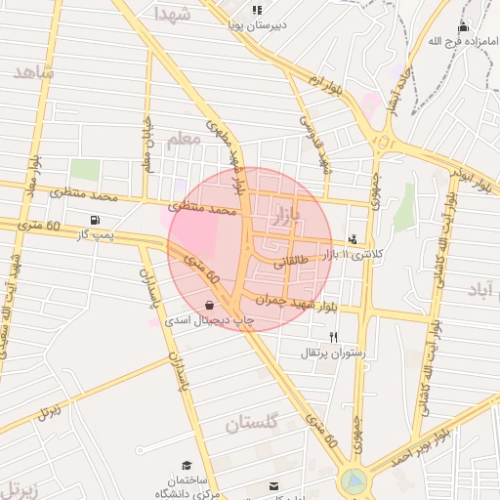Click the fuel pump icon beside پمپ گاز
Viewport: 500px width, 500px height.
pyautogui.click(x=95, y=219)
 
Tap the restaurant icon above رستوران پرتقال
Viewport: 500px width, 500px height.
pyautogui.click(x=333, y=337)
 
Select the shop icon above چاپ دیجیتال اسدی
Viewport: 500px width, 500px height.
pyautogui.click(x=211, y=305)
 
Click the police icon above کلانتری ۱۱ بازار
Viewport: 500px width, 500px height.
pyautogui.click(x=352, y=238)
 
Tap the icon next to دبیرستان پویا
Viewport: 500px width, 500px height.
pyautogui.click(x=257, y=11)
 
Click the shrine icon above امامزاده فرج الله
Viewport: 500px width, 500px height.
pyautogui.click(x=463, y=26)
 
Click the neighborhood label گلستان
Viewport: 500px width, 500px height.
pyautogui.click(x=252, y=422)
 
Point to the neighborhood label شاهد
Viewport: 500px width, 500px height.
pyautogui.click(x=34, y=73)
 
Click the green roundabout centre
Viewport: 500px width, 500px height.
pyautogui.click(x=354, y=481)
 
